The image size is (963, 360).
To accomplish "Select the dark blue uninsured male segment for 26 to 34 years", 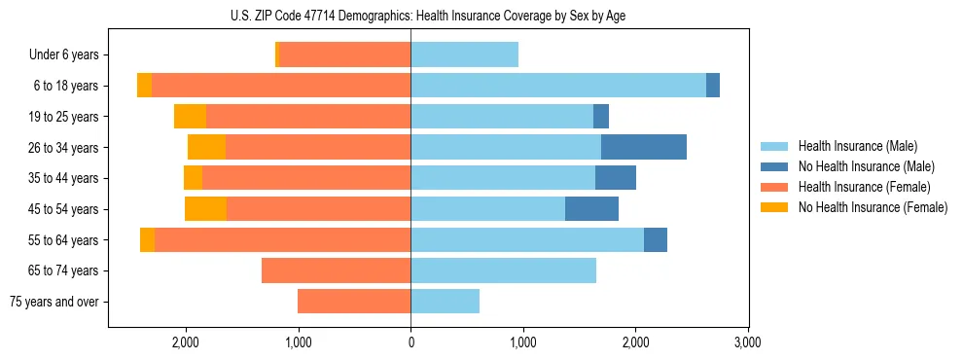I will coord(644,147).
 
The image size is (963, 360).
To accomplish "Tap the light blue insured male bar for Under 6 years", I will coord(464,54).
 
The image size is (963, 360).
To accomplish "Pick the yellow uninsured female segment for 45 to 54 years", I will coord(205,209).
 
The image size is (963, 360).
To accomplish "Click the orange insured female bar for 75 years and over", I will coord(354,302).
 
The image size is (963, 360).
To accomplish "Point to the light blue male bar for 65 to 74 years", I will coord(503,270).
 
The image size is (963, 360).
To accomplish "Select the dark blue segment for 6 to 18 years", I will coord(713,86).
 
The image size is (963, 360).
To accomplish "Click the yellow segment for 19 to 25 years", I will coord(190,117).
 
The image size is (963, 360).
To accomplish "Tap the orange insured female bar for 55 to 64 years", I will coord(282,240).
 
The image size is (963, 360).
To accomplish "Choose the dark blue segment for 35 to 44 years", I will coord(616,178).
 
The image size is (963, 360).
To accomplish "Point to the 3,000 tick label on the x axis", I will coord(747,342).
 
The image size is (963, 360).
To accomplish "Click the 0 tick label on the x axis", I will coord(410,342).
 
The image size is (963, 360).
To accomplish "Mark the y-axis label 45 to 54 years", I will coord(66,209).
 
